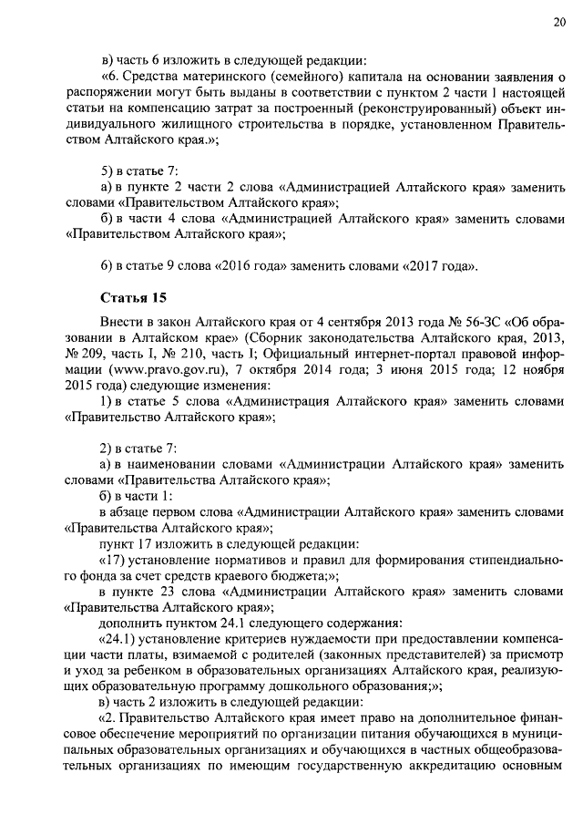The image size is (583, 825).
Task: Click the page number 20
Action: pos(557,23)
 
